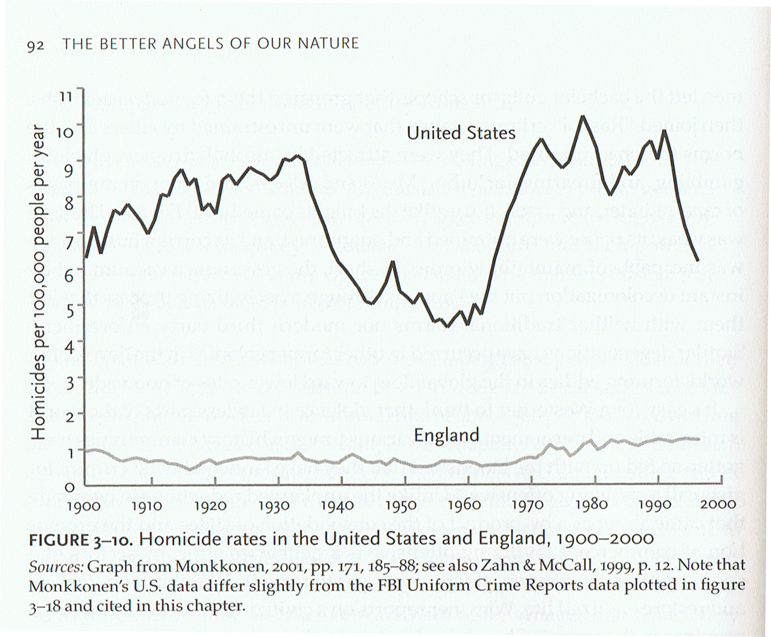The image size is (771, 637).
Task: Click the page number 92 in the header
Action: (x=35, y=45)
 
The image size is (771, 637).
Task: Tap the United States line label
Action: (x=461, y=133)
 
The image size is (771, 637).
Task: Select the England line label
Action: (x=446, y=435)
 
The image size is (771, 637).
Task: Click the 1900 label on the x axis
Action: (x=84, y=506)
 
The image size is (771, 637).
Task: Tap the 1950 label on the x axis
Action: (x=401, y=506)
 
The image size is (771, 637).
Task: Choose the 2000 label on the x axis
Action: (x=719, y=505)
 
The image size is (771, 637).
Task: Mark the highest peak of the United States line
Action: (x=582, y=116)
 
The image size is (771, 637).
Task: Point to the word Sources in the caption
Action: (x=56, y=567)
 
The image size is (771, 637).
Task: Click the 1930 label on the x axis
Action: (x=274, y=506)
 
